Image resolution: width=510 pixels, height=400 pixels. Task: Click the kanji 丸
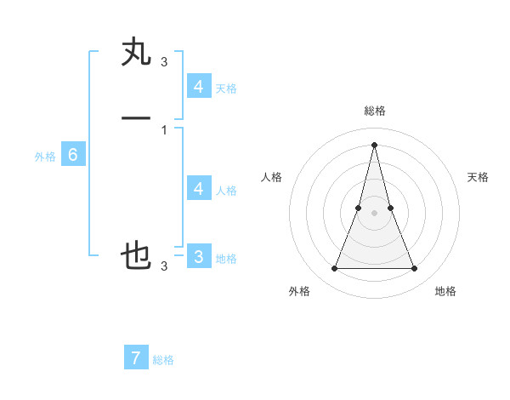[137, 52]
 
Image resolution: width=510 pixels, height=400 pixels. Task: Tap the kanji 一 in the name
[137, 117]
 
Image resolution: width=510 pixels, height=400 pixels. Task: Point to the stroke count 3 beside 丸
[164, 62]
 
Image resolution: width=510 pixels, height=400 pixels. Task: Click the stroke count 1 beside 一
[164, 130]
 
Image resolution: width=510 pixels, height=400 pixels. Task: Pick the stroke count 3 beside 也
[164, 266]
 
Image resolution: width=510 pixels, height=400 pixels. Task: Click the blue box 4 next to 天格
[199, 86]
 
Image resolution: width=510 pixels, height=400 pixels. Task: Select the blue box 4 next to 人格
[199, 188]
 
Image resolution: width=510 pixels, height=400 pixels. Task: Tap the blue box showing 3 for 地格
[199, 256]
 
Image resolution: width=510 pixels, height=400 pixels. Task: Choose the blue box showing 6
[73, 155]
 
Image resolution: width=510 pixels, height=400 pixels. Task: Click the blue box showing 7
[136, 357]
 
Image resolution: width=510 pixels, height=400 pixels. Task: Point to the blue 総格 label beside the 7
[163, 360]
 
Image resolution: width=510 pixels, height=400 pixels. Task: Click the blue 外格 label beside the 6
[44, 157]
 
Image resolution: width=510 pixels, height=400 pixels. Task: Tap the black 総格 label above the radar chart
[375, 111]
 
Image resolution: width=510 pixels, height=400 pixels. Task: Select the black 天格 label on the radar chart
[478, 177]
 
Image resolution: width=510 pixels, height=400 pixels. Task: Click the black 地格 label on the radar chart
[445, 291]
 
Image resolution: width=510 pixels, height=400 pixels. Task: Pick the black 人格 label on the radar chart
[272, 177]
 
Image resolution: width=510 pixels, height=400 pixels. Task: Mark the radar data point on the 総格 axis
[375, 144]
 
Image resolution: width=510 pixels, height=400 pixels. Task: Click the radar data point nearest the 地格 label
[415, 269]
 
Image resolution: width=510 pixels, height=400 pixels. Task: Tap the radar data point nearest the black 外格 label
[335, 269]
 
